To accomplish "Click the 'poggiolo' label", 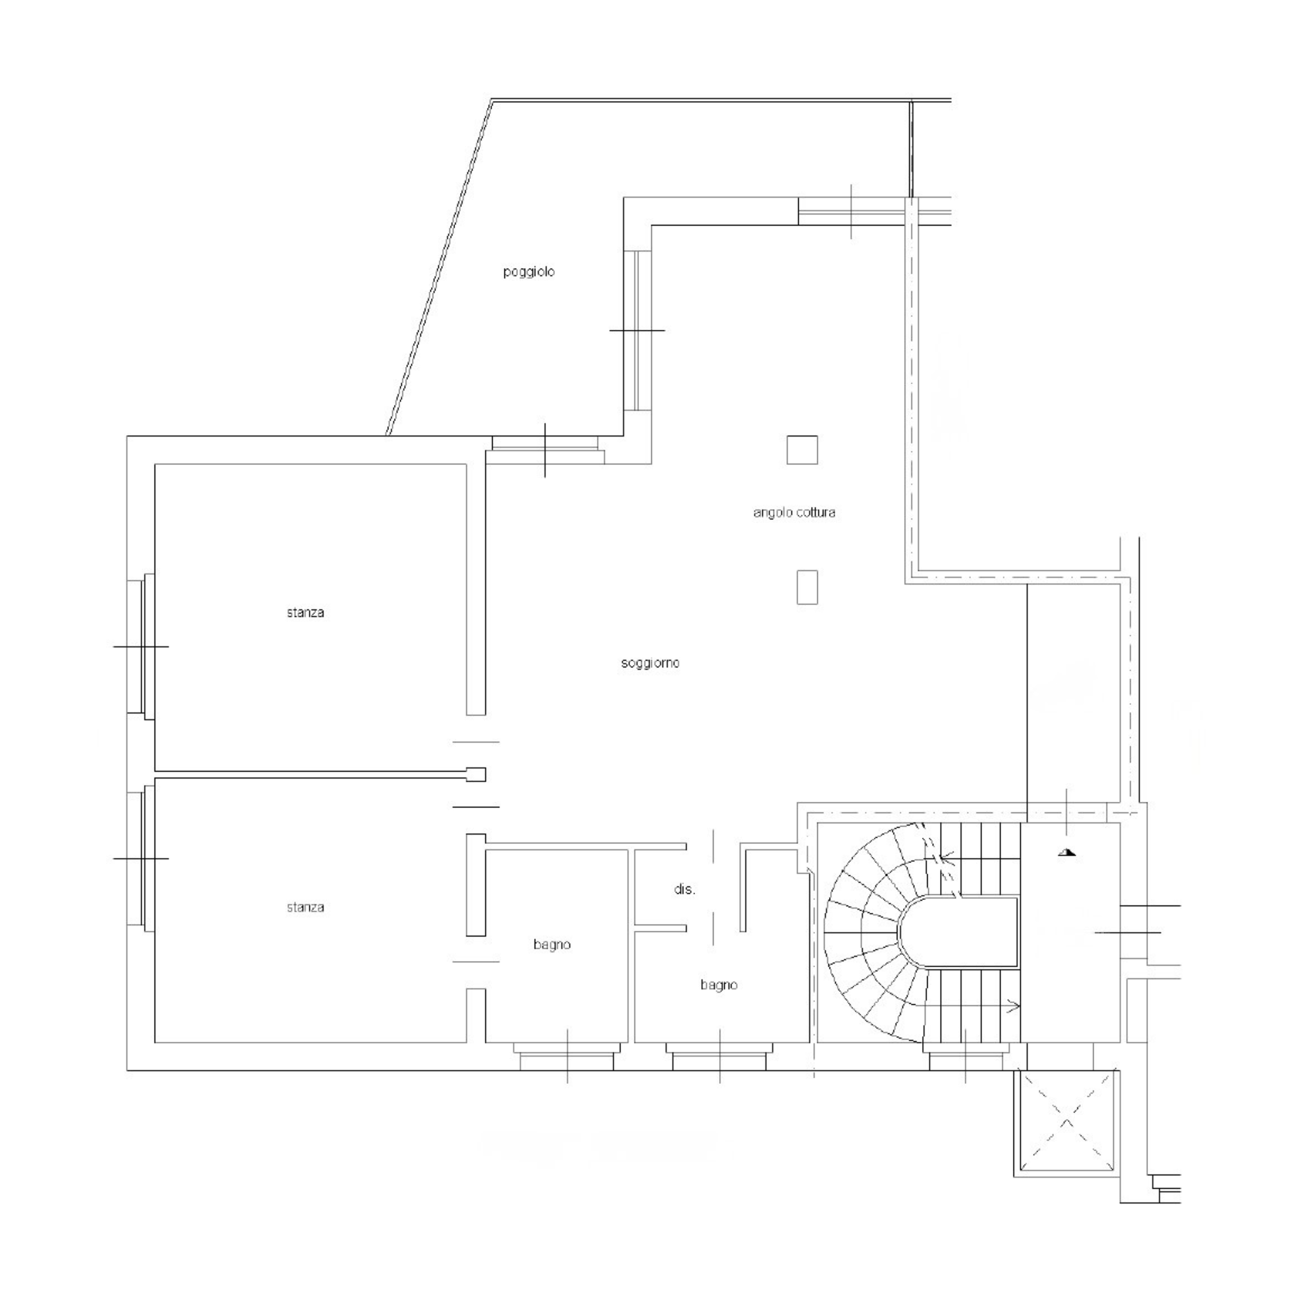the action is click(529, 272).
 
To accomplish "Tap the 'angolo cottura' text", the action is click(794, 513).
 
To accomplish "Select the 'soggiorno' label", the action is click(650, 663).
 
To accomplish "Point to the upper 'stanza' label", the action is click(305, 613).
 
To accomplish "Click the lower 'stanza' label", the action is click(305, 907).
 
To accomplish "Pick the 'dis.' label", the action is click(685, 890).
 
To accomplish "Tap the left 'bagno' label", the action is click(552, 945).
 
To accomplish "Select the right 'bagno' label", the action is click(719, 985).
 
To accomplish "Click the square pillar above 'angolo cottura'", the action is click(802, 450).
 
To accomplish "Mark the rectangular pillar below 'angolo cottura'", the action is click(807, 587).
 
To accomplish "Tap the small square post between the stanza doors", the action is click(476, 774).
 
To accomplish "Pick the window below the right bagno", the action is click(720, 1056).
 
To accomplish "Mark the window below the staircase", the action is click(965, 1056).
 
